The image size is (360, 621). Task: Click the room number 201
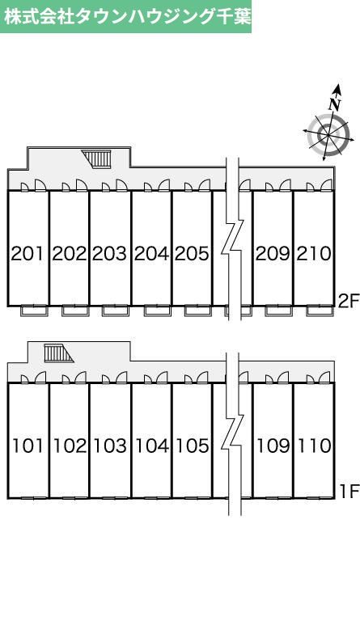[27, 254]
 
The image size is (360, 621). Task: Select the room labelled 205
[192, 254]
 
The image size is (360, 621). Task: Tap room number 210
[314, 254]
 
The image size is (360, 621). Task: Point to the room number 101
[28, 446]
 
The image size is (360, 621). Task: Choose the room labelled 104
[152, 446]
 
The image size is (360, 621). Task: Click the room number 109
[273, 446]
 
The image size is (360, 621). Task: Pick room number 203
[110, 254]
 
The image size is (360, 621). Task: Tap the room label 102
[70, 446]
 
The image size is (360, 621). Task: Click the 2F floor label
[348, 302]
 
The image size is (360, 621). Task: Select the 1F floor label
[349, 492]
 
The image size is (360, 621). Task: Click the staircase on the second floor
[96, 159]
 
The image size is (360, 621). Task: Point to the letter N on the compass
[335, 104]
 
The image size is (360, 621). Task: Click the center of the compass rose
[328, 135]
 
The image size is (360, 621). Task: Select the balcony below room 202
[75, 310]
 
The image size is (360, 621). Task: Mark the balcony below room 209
[278, 310]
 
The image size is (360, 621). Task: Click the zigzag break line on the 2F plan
[232, 239]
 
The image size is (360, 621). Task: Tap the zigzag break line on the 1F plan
[233, 433]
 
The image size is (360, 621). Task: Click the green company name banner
[125, 16]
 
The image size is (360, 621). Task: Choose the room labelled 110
[315, 446]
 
